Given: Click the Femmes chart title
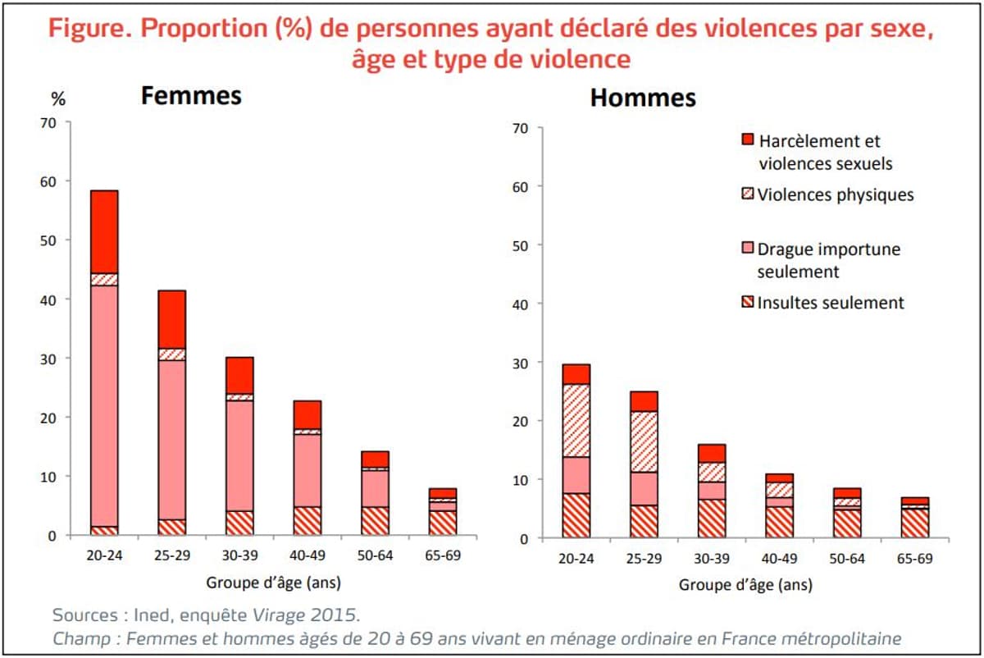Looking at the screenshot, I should click(191, 95).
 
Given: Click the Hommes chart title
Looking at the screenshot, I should click(643, 98).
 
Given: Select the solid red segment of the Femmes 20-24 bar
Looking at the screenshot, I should click(104, 232).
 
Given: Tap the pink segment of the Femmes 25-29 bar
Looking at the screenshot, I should click(171, 439).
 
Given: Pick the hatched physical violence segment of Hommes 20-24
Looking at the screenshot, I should click(576, 420).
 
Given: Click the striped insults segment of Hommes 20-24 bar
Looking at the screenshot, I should click(576, 515).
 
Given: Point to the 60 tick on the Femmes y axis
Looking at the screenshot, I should click(50, 181).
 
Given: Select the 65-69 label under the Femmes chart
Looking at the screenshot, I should click(442, 555).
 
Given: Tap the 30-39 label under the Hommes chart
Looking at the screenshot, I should click(711, 559).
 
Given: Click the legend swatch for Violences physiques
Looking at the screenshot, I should click(747, 195).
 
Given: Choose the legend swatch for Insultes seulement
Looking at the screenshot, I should click(747, 303).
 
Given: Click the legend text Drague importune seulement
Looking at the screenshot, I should click(828, 260).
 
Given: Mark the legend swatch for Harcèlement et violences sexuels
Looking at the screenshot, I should click(747, 140).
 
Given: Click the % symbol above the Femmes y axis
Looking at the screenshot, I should click(58, 99).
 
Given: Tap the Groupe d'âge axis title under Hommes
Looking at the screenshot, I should click(745, 585).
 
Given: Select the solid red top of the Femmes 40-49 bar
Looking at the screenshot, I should click(307, 414).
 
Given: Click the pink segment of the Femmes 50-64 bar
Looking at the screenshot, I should click(374, 488).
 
